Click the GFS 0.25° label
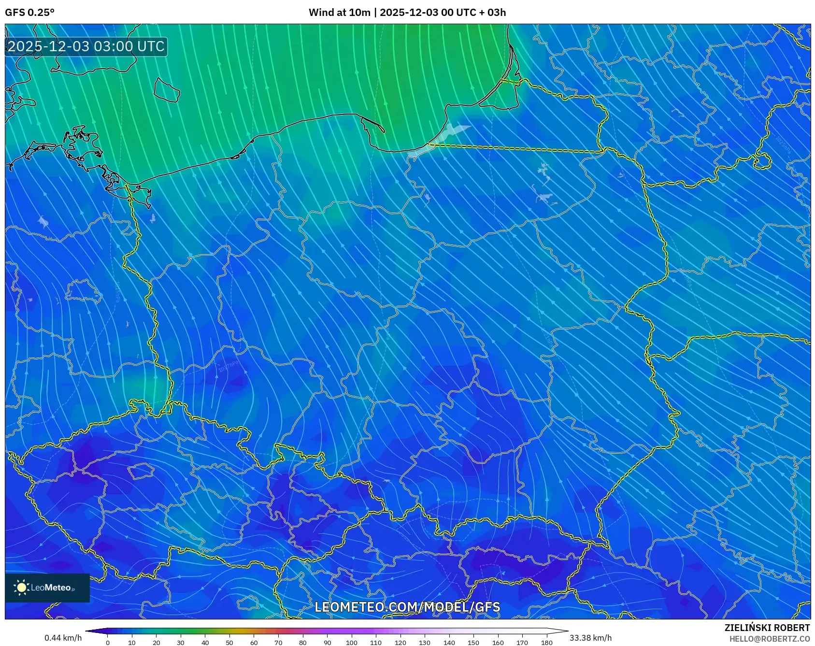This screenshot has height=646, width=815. pos(29,13)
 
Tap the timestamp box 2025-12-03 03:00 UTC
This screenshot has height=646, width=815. pos(86,46)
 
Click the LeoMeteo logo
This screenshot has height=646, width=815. pos(47,588)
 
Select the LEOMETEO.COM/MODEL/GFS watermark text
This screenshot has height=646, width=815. pos(407,607)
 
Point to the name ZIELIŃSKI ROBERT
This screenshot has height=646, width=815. pos(767,628)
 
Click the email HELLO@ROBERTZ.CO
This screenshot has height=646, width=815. pos(769,639)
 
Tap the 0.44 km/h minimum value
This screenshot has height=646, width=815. pos(63,638)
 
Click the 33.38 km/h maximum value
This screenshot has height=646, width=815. pos(590,638)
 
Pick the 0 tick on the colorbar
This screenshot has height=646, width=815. pos(107,643)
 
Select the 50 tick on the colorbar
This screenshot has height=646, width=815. pos(229,643)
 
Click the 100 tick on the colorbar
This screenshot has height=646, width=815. pos(351,643)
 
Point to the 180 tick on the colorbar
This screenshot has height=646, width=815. pos(546,643)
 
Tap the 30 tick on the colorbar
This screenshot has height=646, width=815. pos(181,643)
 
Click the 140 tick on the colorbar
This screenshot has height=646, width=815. pos(449,643)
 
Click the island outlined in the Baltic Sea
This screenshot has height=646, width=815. pos(167,90)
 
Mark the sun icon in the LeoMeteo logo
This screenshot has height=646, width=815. pos(21,588)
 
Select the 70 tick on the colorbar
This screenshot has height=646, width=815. pos(278,643)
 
